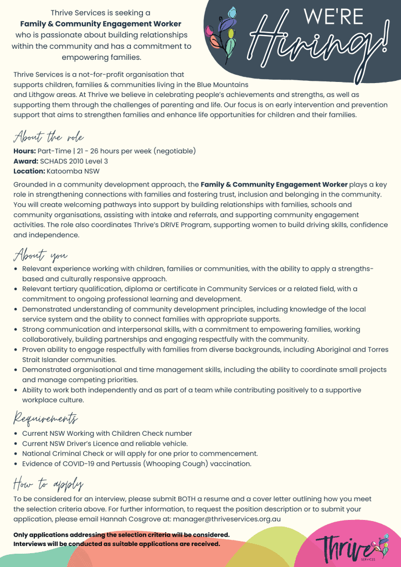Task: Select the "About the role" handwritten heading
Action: [x=49, y=137]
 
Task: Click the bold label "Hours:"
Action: [x=24, y=151]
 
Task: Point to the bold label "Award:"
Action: [x=25, y=161]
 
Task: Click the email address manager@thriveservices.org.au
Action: [x=227, y=519]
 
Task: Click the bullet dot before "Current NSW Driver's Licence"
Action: [x=16, y=444]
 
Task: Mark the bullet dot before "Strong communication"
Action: [x=16, y=329]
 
